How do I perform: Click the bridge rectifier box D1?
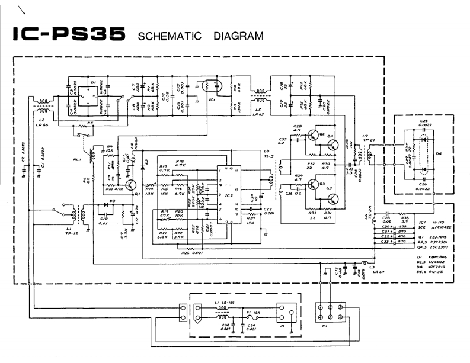(x=92, y=97)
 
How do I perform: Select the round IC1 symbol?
(x=207, y=86)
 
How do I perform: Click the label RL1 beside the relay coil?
(x=78, y=159)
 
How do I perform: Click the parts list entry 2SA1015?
(x=427, y=242)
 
